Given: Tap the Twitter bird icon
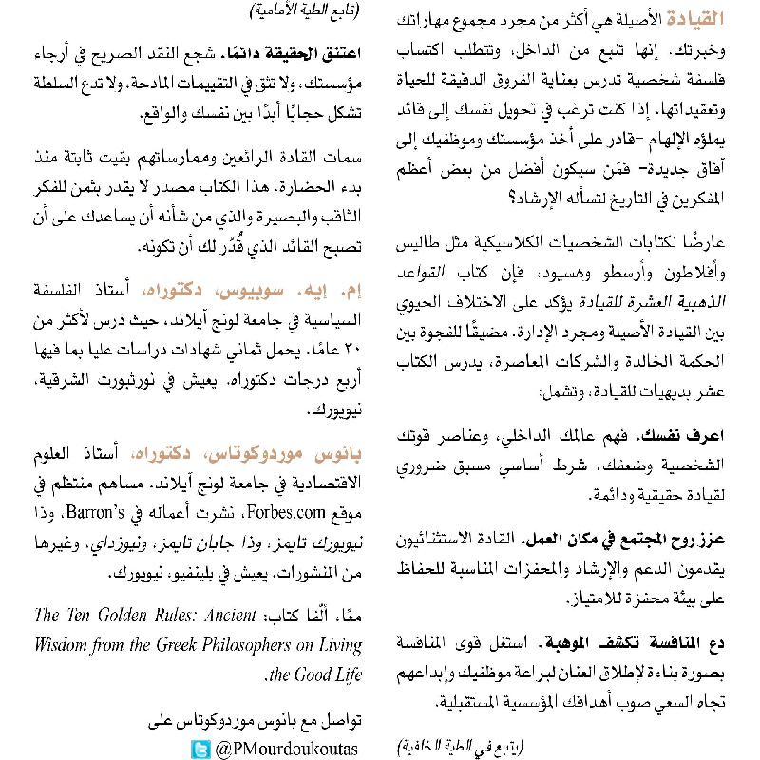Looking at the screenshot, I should point(200,750).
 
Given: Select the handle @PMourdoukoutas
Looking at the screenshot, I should point(287,750).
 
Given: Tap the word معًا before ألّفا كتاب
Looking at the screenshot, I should point(348,617).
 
